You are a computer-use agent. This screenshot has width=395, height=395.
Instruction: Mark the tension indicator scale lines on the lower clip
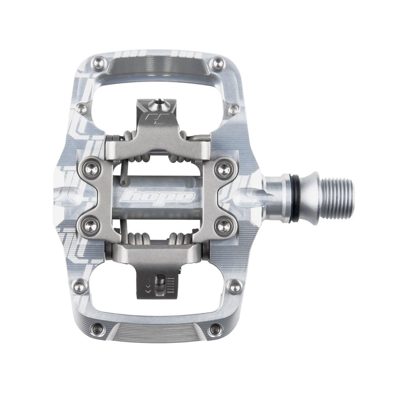(171, 285)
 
